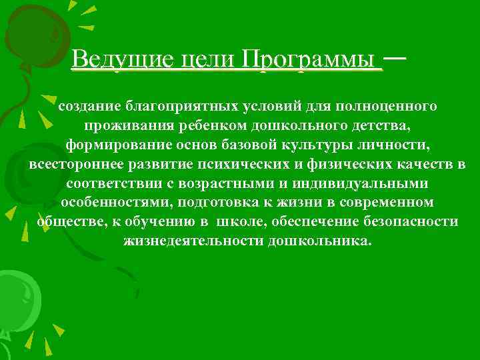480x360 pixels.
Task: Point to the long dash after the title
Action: click(x=395, y=59)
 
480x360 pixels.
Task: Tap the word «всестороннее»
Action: click(x=74, y=164)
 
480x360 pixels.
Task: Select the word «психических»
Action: click(x=257, y=164)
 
